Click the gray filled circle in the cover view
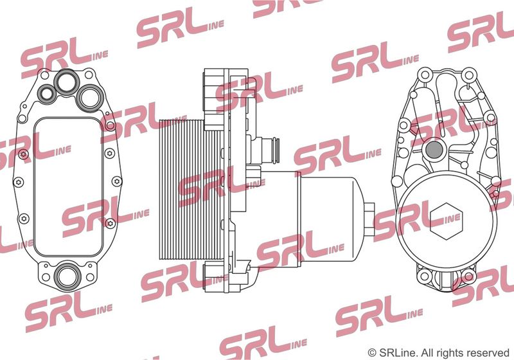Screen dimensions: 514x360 point(434,150)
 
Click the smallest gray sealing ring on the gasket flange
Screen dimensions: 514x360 point(48,93)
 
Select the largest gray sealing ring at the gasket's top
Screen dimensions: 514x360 point(90,98)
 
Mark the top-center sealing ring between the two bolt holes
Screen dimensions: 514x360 point(67,82)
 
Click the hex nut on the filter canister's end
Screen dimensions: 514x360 point(369,219)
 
